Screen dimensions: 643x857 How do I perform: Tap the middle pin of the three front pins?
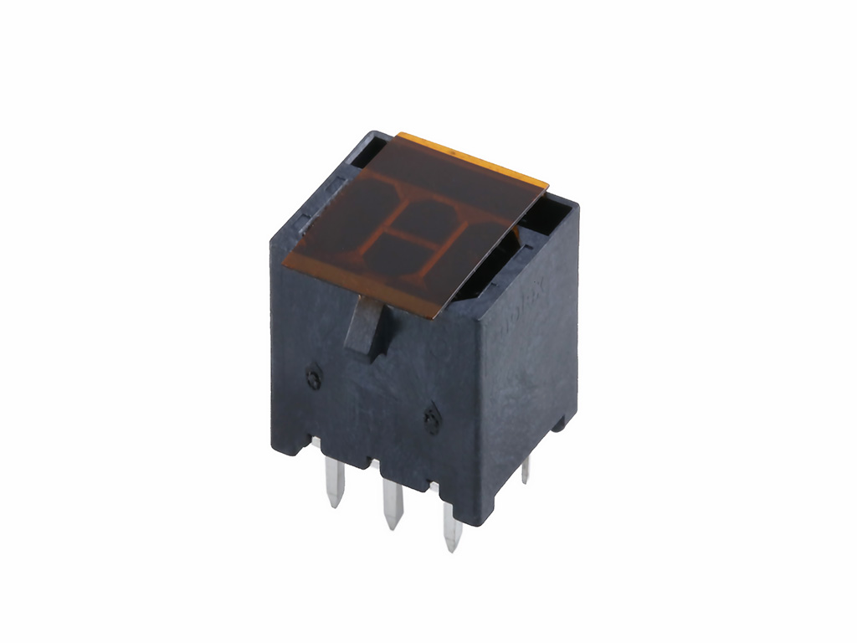[x=391, y=504]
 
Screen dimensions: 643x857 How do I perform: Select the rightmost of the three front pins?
[x=451, y=527]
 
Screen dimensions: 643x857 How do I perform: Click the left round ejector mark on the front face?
[x=313, y=378]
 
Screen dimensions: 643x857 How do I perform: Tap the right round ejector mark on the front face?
[x=432, y=419]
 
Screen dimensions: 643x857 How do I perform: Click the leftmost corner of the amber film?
[x=284, y=265]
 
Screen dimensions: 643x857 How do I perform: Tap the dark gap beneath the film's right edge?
[x=494, y=268]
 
